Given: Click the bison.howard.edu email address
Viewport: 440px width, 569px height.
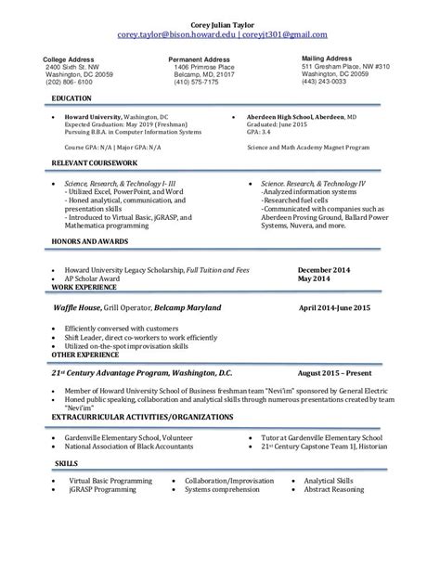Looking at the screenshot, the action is pos(175,35).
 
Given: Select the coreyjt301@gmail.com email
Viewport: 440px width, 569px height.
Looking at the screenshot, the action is pos(282,35).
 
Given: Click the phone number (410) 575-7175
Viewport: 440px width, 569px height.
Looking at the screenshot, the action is pos(194,81).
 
